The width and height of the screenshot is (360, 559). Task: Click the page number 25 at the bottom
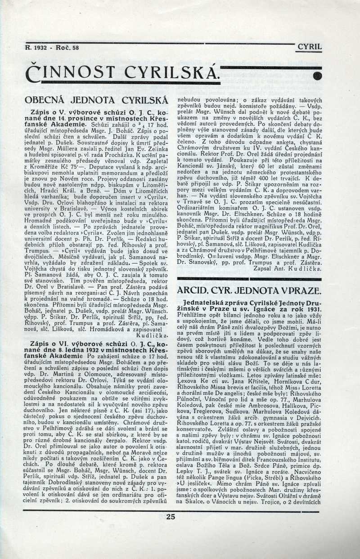[x=171, y=517]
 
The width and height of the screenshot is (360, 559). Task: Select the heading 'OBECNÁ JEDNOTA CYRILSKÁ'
[x=96, y=99]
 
